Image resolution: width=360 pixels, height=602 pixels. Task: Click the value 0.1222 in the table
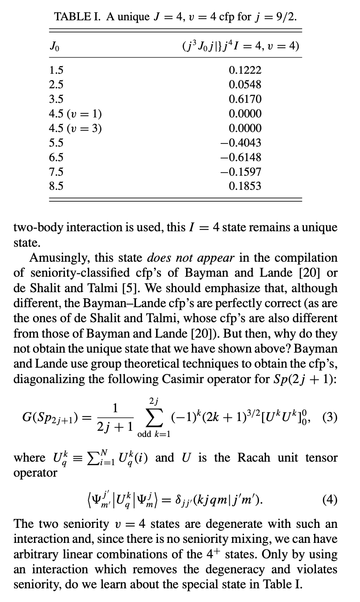pos(245,70)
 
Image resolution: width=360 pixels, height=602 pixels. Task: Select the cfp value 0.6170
pos(245,99)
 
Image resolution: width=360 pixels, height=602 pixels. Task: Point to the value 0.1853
pos(245,186)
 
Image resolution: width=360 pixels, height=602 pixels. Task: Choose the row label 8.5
pos(56,186)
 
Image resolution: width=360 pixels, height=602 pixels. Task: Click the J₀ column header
pos(54,46)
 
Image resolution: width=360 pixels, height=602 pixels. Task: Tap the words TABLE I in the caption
pos(75,17)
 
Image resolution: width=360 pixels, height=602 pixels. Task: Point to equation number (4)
pos(330,500)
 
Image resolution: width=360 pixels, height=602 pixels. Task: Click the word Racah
pos(256,457)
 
